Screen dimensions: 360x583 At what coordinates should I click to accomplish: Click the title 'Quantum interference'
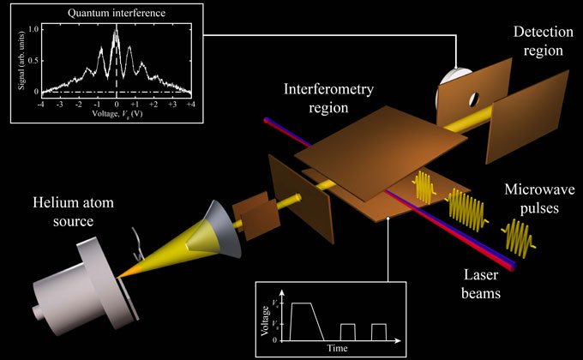[x=117, y=13]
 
